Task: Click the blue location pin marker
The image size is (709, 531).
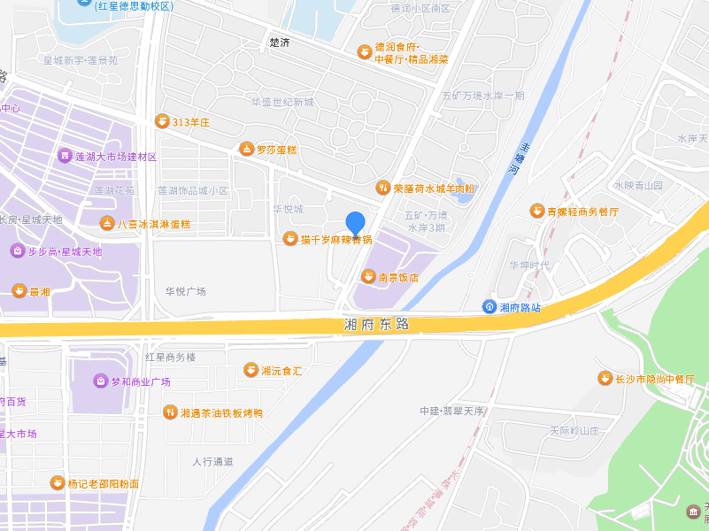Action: tap(355, 224)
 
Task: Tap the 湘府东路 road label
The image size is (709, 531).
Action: tap(377, 324)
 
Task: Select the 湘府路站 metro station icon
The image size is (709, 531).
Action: tap(489, 307)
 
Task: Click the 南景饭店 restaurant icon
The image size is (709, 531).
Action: tap(368, 277)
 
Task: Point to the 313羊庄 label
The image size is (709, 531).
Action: tap(190, 121)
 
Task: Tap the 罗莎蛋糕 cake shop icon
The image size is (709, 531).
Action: tap(246, 149)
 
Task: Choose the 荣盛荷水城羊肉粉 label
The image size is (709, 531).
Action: tap(434, 188)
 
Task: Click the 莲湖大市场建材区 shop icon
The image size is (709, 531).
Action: tap(64, 156)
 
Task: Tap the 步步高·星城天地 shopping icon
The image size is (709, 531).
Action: tap(18, 251)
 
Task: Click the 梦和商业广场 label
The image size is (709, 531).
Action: tap(140, 381)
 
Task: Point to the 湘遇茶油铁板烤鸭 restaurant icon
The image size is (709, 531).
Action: tap(169, 412)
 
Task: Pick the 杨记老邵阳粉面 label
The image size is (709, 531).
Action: tap(104, 484)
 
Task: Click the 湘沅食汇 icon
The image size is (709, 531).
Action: tap(250, 370)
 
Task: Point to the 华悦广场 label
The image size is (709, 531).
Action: tap(185, 291)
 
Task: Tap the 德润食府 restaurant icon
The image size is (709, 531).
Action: tap(364, 51)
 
